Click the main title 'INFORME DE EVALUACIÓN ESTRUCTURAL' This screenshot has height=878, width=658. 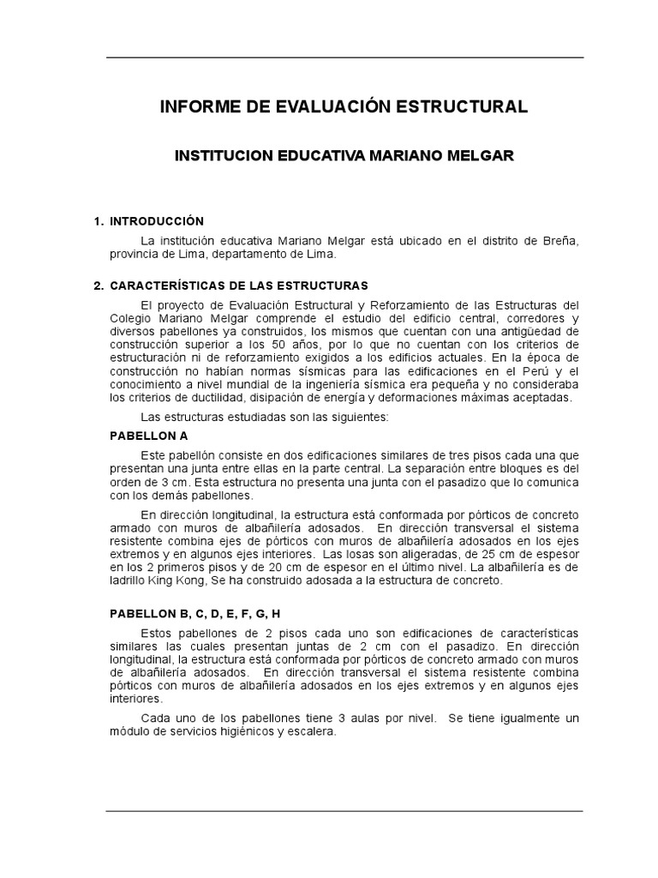[344, 107]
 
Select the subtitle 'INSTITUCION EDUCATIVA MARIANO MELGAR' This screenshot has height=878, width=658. [344, 157]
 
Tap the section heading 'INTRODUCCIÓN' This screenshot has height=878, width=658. [156, 221]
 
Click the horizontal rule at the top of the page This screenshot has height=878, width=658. [344, 57]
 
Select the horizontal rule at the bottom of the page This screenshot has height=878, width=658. [344, 810]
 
